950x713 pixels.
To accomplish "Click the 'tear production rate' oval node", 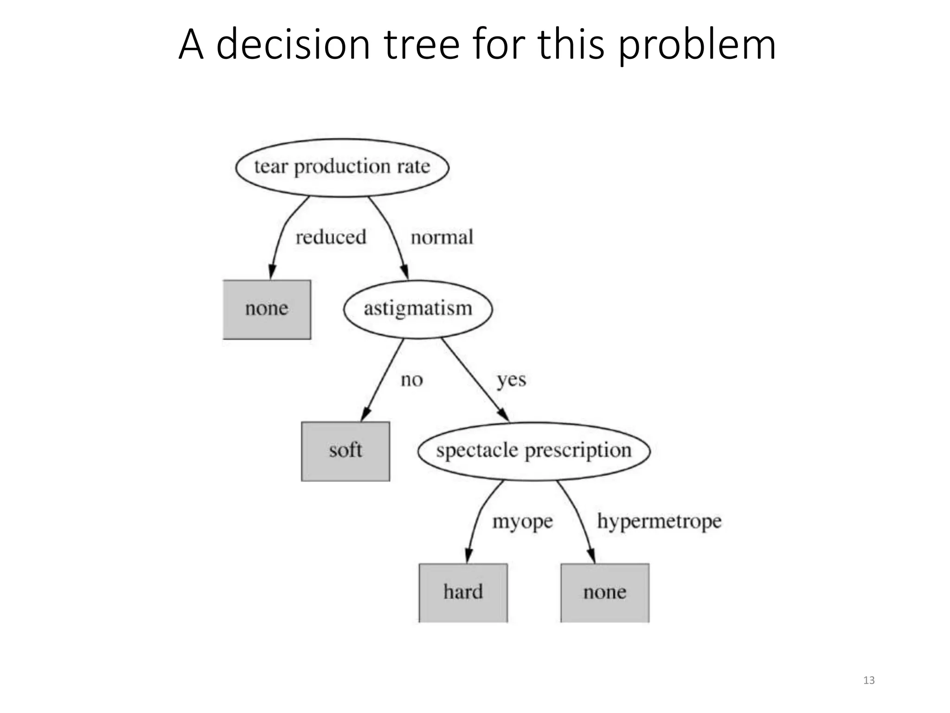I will pos(342,168).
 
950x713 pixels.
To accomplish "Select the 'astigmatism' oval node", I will pos(417,309).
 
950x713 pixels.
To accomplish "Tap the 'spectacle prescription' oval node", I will pos(534,451).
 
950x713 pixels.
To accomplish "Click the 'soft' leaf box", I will pos(346,451).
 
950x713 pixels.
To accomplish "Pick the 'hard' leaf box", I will pos(463,593).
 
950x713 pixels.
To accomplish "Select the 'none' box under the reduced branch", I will pos(267,309).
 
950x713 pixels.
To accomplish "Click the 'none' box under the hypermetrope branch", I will pos(605,593).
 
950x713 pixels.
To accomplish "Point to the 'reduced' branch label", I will pos(331,237).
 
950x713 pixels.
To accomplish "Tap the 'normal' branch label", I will pos(442,237).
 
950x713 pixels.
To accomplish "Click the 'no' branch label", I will pos(411,380).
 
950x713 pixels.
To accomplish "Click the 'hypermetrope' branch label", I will pos(659,522).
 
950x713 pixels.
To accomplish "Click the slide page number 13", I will pos(869,681).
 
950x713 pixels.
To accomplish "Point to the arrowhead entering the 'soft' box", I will pos(365,415).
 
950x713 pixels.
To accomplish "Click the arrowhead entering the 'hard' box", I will pos(469,556).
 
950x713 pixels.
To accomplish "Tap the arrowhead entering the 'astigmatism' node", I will pos(405,272).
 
